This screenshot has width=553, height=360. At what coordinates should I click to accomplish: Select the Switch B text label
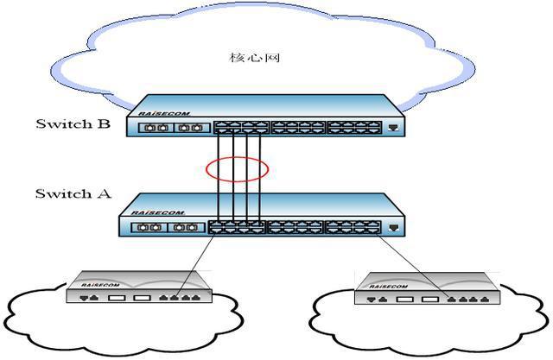(x=73, y=123)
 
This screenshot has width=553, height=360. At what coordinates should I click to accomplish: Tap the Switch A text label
(x=73, y=193)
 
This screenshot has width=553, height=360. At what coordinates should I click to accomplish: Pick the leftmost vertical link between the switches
(x=218, y=173)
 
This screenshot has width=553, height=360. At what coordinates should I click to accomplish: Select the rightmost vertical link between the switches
(x=259, y=173)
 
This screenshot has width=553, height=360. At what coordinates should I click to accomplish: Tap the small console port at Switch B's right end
(x=394, y=128)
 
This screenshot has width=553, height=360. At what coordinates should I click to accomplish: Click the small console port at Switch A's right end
(x=394, y=228)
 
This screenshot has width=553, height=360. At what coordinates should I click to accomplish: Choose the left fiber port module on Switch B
(x=157, y=129)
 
